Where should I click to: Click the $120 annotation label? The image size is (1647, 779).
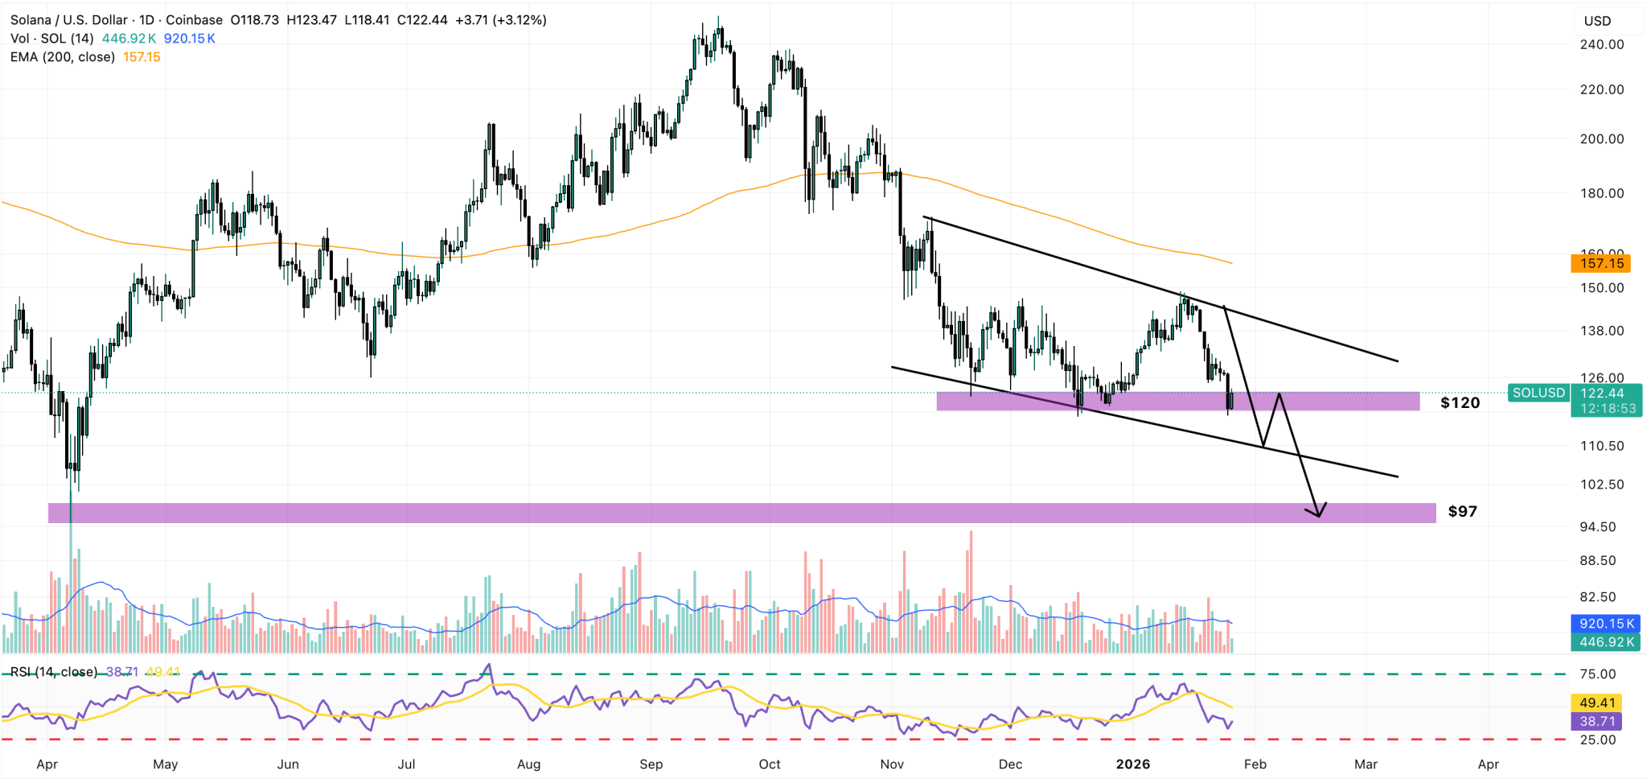(1460, 402)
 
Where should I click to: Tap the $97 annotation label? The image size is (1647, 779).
(1462, 511)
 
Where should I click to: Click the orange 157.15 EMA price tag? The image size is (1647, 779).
(1601, 263)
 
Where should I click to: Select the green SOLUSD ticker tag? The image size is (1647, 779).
(1538, 393)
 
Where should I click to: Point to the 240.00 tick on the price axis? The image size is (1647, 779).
(1601, 44)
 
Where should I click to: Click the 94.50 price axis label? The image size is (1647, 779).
(1597, 526)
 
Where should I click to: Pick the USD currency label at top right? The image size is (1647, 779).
(1597, 21)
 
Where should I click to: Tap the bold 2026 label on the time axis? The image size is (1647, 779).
(1132, 764)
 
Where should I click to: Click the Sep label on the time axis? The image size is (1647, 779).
(651, 764)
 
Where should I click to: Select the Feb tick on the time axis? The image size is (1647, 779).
(1255, 764)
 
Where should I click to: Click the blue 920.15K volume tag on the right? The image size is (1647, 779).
(1606, 624)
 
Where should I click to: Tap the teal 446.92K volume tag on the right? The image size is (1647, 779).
(1606, 642)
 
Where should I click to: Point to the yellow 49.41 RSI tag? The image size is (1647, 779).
(1596, 703)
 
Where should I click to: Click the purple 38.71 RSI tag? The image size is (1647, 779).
(1596, 721)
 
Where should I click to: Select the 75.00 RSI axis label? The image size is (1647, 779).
(1597, 674)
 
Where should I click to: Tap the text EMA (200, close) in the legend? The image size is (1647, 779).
(62, 57)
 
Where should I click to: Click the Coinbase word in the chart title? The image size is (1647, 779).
(194, 20)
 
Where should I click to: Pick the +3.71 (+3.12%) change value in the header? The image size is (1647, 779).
(500, 20)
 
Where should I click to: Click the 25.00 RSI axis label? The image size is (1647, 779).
(1597, 740)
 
